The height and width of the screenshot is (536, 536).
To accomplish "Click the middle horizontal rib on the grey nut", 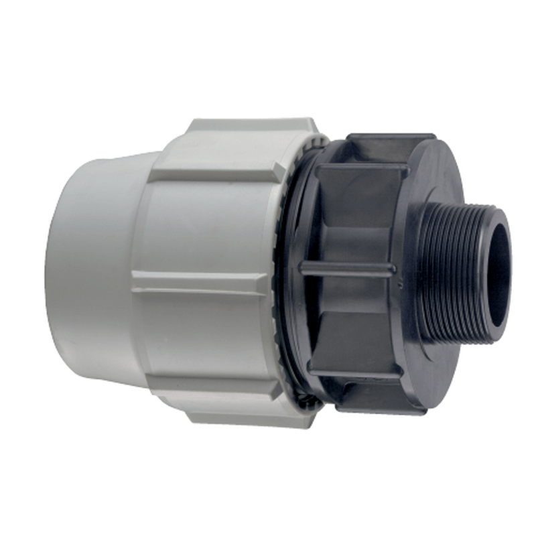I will pos(201,282).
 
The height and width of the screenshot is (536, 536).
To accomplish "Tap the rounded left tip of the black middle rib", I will pos(304,268).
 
